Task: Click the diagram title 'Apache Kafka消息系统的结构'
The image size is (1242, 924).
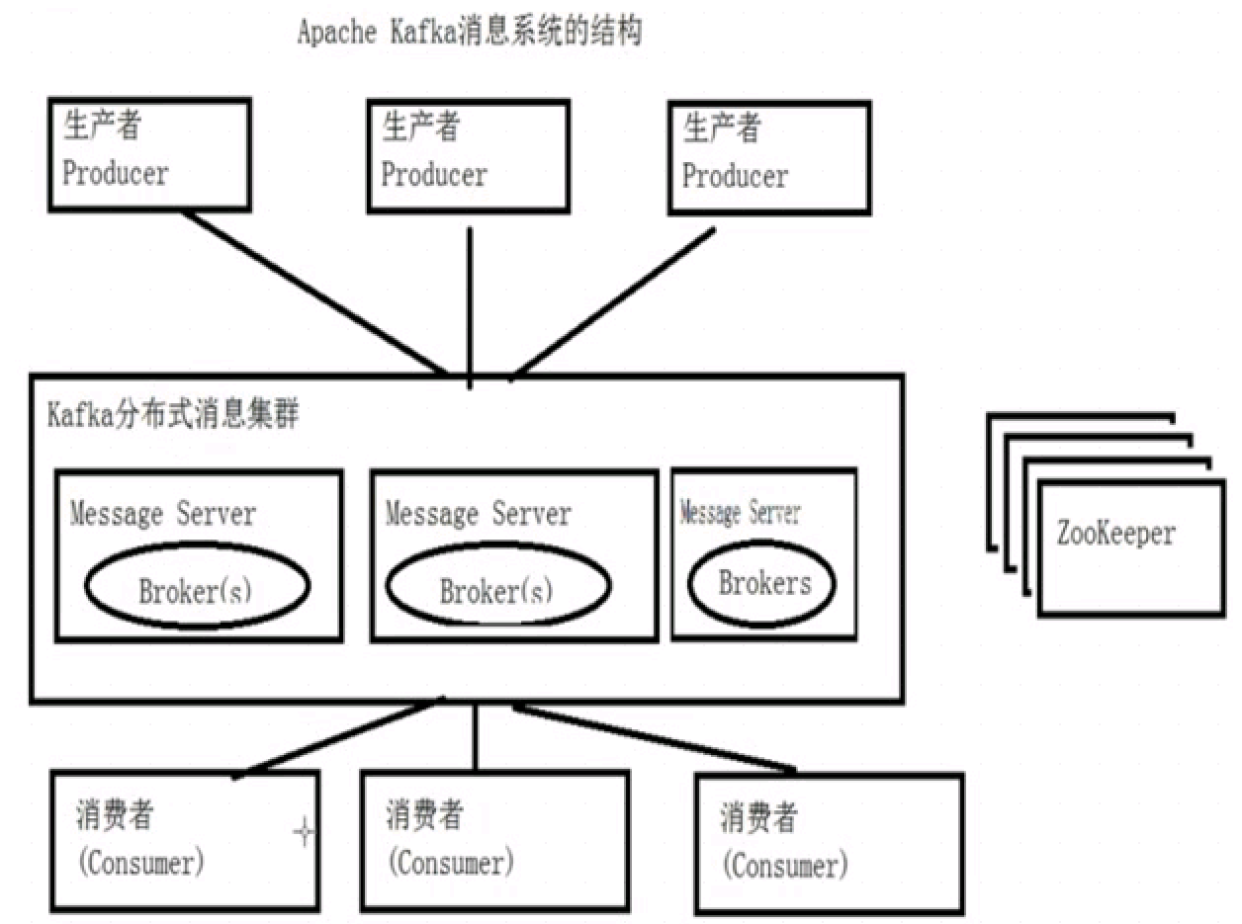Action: click(470, 34)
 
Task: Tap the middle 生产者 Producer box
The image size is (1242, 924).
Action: click(468, 156)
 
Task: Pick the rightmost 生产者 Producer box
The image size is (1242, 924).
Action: click(769, 158)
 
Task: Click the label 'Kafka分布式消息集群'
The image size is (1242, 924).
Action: click(174, 415)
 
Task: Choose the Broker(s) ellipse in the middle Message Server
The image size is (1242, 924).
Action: click(496, 589)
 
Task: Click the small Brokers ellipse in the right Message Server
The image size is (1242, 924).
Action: click(763, 583)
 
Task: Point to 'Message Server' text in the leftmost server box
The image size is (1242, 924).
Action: click(163, 514)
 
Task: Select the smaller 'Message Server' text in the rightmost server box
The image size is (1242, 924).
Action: click(741, 513)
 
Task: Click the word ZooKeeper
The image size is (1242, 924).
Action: click(1115, 535)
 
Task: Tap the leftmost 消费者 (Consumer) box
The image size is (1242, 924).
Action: click(185, 842)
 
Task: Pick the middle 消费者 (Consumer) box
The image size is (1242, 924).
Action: click(494, 840)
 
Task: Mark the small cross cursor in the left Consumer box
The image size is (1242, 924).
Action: click(304, 834)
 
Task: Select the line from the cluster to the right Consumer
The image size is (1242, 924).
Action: click(653, 737)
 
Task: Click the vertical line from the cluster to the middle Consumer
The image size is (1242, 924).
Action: click(476, 736)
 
